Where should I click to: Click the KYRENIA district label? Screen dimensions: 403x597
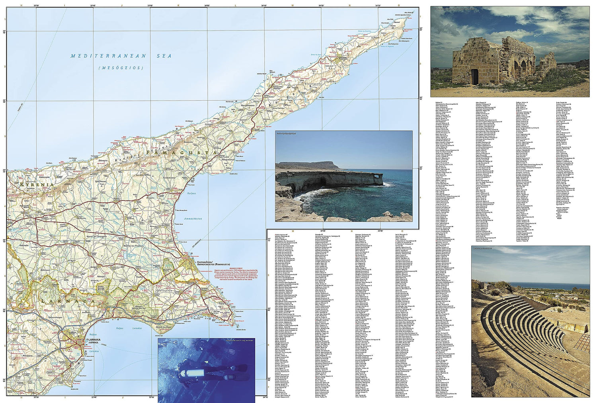click(x=33, y=185)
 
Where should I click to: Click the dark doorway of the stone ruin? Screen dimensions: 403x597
click(x=474, y=77)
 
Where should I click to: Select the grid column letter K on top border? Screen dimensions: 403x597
click(x=179, y=6)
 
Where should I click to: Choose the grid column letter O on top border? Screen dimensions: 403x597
click(x=399, y=6)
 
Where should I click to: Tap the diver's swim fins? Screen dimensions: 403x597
click(x=239, y=368)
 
